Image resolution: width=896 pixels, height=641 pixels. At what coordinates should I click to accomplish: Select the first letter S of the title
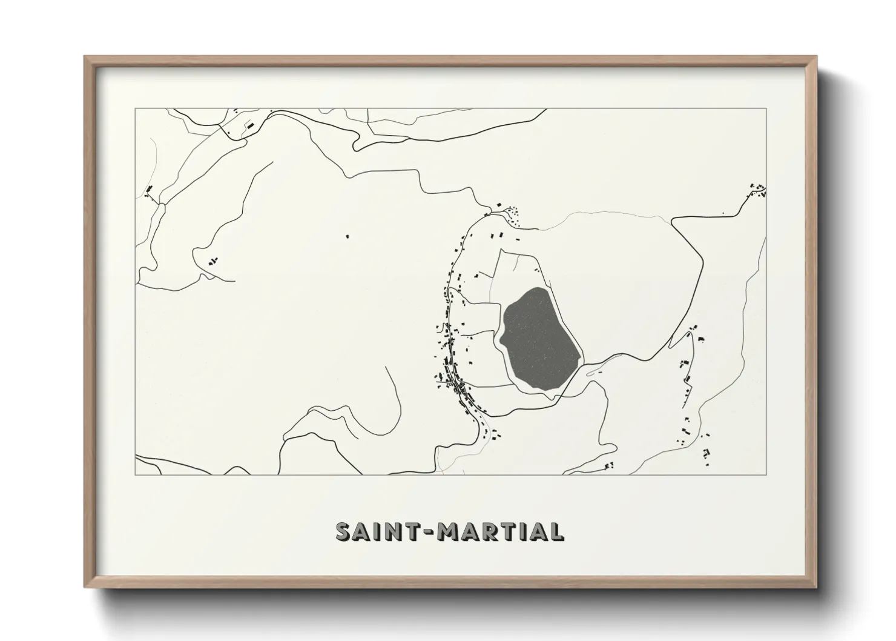tap(344, 531)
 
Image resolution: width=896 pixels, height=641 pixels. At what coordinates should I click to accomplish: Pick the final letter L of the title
tap(557, 531)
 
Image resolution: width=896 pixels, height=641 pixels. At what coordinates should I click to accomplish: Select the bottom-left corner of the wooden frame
tap(85, 586)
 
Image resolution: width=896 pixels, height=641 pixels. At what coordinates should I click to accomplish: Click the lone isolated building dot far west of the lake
tap(347, 236)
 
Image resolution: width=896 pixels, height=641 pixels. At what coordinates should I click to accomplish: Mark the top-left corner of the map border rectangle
tap(135, 109)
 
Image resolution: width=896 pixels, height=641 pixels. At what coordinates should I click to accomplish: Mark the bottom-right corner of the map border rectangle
tap(766, 474)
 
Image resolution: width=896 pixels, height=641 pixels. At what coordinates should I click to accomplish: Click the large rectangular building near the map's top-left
tap(248, 125)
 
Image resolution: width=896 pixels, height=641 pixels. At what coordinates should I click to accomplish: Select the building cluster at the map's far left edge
tap(148, 191)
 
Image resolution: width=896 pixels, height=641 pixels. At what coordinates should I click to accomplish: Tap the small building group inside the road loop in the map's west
tap(212, 261)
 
